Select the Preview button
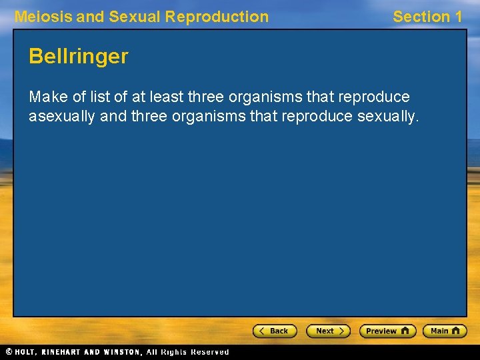click(387, 331)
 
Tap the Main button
click(445, 331)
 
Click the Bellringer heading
click(78, 57)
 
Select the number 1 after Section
click(457, 17)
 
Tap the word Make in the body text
click(49, 97)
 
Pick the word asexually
click(61, 117)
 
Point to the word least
click(166, 97)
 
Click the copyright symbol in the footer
click(9, 352)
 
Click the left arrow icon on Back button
click(262, 331)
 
